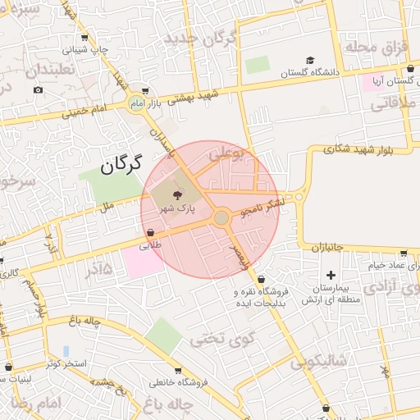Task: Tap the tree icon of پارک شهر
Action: pos(180,194)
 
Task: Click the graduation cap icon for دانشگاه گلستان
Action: pos(310,60)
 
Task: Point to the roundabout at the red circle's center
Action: pos(221,217)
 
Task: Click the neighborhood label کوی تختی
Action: pos(222,337)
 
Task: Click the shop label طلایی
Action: pos(151,244)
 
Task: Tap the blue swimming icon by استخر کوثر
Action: pos(66,351)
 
